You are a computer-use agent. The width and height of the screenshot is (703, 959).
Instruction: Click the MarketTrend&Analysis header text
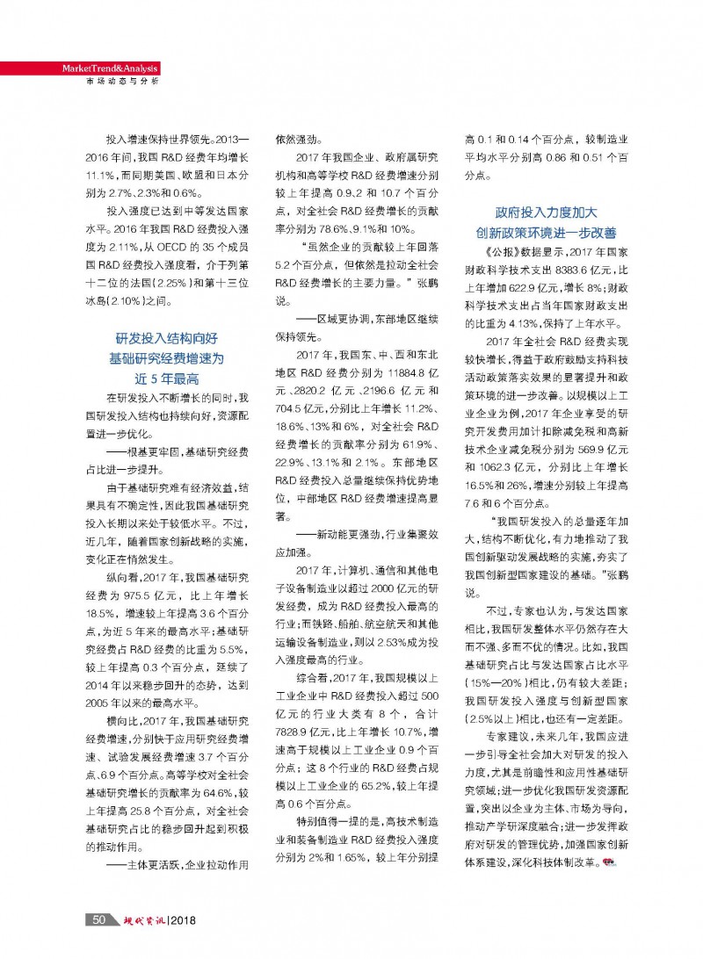[110, 68]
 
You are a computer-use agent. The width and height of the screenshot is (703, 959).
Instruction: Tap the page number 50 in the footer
[99, 919]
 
